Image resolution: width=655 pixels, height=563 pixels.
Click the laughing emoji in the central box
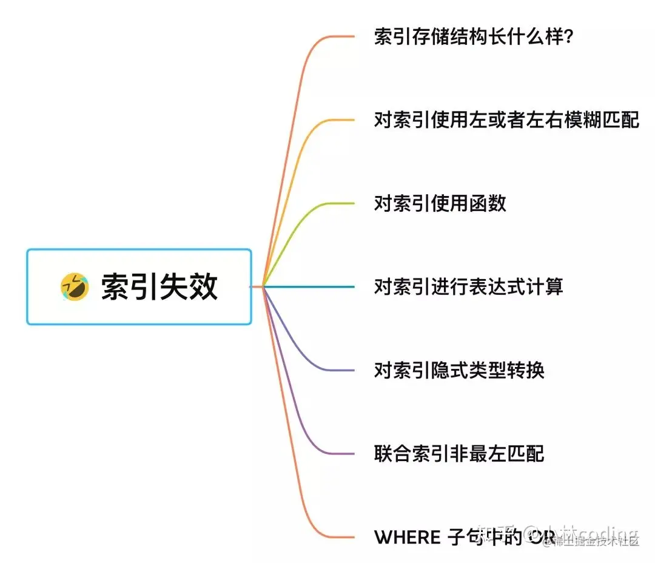tap(74, 286)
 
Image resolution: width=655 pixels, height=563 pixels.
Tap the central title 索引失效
tap(159, 286)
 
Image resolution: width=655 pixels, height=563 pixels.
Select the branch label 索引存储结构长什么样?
tap(474, 38)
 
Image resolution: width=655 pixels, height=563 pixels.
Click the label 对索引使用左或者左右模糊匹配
tap(506, 120)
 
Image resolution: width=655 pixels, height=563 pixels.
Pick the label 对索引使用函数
tap(440, 203)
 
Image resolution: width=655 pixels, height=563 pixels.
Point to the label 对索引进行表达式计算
tap(468, 286)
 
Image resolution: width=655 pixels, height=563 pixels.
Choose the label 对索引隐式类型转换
tap(459, 369)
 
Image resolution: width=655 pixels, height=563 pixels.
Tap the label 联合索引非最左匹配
tap(459, 453)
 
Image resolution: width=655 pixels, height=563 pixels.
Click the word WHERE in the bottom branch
tap(407, 537)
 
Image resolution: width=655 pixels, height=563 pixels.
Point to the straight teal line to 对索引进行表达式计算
tap(309, 286)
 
